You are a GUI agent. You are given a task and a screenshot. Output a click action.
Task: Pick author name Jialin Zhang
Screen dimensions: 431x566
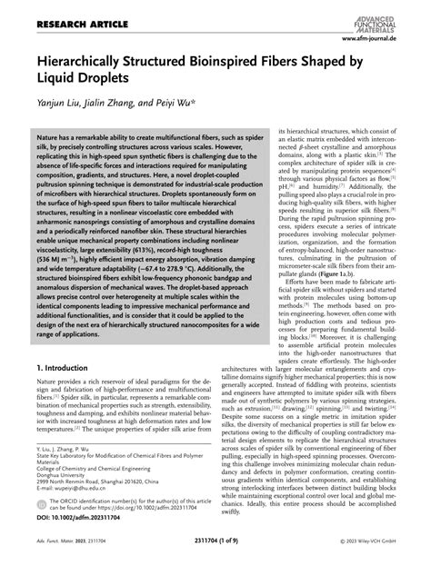(x=116, y=105)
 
